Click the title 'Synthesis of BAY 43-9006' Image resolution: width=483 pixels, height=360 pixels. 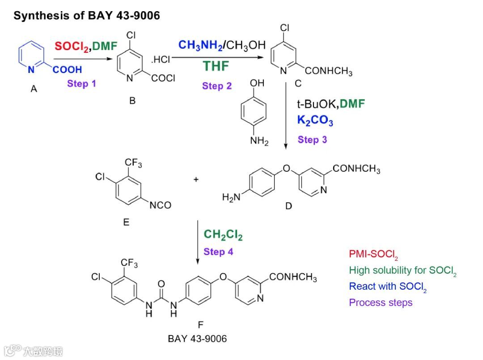86,16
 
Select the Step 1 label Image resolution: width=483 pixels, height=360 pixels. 81,83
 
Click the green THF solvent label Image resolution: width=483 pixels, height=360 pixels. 216,66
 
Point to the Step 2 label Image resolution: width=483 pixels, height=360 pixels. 217,86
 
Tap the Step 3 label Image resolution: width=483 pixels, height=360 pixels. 312,140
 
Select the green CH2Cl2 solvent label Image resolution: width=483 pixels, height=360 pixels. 223,234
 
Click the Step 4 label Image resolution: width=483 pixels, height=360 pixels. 218,252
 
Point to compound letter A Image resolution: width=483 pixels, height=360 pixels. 34,89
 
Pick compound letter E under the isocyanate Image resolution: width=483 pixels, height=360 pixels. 126,222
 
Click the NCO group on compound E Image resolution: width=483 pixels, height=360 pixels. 160,205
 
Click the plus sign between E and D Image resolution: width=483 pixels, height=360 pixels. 196,180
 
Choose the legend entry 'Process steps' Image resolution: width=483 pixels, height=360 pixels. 381,303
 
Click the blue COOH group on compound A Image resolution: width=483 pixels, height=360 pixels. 67,69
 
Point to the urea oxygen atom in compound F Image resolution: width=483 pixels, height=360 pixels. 161,284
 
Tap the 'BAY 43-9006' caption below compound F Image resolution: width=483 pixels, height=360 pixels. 197,339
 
